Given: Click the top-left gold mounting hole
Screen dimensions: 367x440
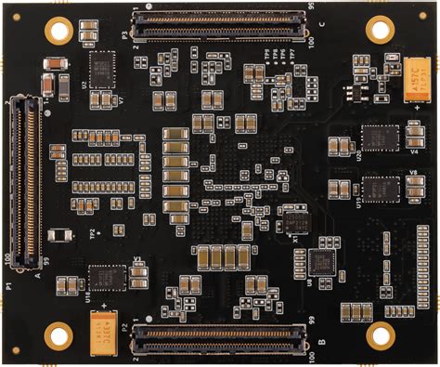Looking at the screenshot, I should coord(58,30).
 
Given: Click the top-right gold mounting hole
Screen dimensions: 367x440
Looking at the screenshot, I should coord(380,29).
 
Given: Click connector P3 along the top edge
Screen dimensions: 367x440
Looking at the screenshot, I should coord(219,24).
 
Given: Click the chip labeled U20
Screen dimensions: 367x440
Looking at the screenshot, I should coord(379,138).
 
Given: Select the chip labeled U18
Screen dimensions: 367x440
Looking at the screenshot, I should coord(107,277).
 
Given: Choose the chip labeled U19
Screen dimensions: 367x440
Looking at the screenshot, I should coord(379,189).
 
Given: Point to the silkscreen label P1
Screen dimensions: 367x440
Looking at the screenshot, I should coord(7,287).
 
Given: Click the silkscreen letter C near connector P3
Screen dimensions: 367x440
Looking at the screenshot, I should coord(320,25).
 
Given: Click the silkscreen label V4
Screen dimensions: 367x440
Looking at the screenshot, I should coord(413,151).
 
